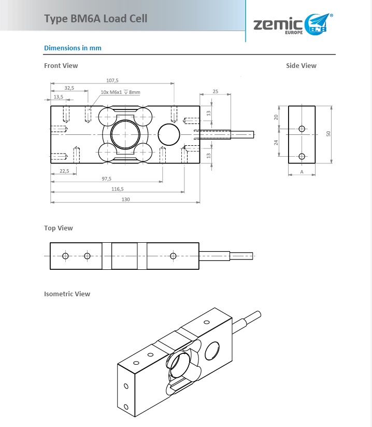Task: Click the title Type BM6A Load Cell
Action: pos(96,19)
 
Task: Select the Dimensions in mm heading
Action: pos(73,48)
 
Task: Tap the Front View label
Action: pos(61,66)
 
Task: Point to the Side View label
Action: pos(301,66)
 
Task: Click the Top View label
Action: pos(59,228)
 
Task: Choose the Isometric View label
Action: pos(67,294)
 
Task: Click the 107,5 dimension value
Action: pos(112,80)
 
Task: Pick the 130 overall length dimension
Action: pos(125,200)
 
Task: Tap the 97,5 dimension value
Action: pos(106,178)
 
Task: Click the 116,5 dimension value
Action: pos(118,189)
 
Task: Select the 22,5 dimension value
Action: pos(64,171)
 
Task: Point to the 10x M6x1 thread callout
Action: pos(120,92)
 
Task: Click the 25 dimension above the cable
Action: pos(215,91)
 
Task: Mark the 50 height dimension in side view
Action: pos(327,134)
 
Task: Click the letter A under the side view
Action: pos(302,171)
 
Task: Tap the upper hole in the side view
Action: pos(302,129)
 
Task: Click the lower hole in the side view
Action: pos(302,156)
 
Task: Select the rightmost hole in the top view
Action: pos(173,256)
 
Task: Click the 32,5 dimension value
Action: pos(69,88)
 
